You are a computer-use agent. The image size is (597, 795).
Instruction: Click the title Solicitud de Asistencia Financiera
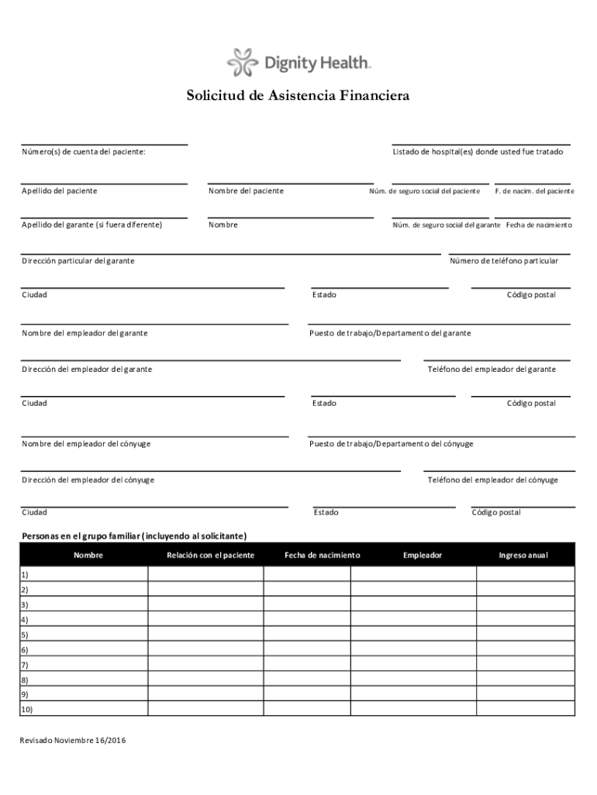(x=298, y=97)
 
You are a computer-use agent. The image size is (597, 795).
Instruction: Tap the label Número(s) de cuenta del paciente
(x=83, y=152)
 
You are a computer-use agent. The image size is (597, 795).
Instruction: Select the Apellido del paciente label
(x=60, y=191)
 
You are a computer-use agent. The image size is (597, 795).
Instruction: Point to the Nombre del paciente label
(x=246, y=191)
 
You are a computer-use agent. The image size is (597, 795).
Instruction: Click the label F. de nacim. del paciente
(x=534, y=191)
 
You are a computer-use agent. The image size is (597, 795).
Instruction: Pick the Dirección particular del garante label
(x=78, y=261)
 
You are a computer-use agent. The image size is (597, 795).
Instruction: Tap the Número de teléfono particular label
(x=503, y=261)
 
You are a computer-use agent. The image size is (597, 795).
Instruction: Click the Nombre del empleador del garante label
(x=85, y=333)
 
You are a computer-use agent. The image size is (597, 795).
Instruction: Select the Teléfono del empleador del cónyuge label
(x=492, y=480)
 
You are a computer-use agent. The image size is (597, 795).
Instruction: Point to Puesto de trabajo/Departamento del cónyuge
(x=391, y=444)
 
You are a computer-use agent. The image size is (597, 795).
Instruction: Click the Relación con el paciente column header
(x=210, y=555)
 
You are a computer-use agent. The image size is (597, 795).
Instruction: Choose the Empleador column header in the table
(x=423, y=555)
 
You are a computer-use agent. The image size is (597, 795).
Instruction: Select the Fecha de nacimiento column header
(x=322, y=555)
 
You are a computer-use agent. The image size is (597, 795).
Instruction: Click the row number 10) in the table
(x=27, y=710)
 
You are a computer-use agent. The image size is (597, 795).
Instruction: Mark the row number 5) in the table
(x=25, y=634)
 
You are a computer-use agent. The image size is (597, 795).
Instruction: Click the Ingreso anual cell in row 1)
(x=525, y=575)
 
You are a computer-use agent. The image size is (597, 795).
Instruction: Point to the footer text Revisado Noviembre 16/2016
(x=73, y=741)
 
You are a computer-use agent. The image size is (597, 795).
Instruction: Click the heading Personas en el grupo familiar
(x=134, y=536)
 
